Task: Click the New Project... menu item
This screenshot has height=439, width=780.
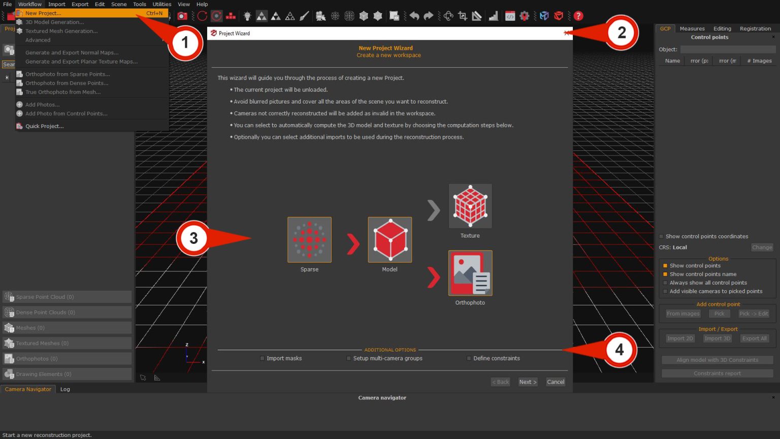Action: pos(43,13)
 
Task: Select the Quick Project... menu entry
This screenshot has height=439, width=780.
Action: pos(44,126)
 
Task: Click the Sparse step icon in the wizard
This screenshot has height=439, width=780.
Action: pos(309,240)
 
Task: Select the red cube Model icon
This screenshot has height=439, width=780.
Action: pos(389,240)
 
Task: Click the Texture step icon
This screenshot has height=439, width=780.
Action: pos(470,206)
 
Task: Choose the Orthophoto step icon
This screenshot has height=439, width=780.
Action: pos(470,273)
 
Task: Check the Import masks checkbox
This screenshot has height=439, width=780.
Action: pos(262,358)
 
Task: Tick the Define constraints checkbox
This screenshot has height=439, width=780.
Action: pos(469,358)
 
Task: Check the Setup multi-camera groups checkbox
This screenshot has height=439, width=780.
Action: pos(349,358)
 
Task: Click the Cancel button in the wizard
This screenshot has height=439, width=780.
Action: pos(555,382)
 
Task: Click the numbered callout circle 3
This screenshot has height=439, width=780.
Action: pos(193,238)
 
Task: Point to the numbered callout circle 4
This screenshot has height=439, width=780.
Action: pos(620,350)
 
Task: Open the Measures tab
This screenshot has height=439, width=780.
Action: pos(692,28)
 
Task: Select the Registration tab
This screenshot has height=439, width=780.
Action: pos(755,28)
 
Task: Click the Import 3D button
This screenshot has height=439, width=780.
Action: pos(717,338)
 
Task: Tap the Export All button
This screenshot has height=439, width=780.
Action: pos(754,338)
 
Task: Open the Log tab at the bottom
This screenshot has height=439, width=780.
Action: pos(65,389)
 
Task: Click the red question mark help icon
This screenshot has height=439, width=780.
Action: pos(578,16)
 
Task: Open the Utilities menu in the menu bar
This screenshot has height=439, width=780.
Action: pos(161,4)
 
